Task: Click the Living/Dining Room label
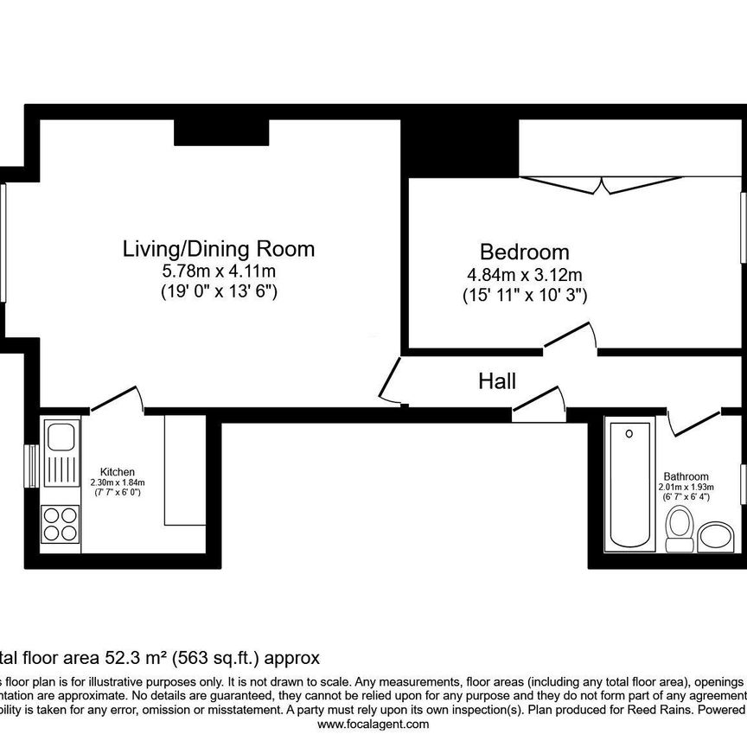click(x=218, y=250)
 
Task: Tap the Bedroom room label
click(x=524, y=252)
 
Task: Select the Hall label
click(x=497, y=381)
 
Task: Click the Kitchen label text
click(x=117, y=471)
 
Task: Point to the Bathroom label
click(x=686, y=476)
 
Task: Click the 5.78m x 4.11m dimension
click(x=218, y=271)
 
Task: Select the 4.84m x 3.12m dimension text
click(x=524, y=275)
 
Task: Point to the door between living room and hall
click(x=389, y=381)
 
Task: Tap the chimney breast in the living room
click(x=221, y=132)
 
